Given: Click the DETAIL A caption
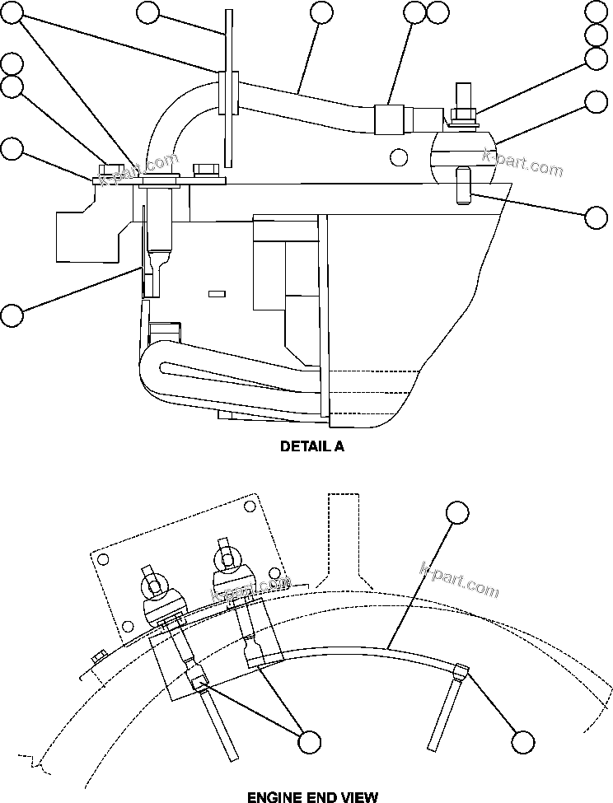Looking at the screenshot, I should click(312, 447).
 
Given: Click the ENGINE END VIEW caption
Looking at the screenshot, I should click(312, 796).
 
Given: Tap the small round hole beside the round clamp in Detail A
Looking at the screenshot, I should click(399, 156).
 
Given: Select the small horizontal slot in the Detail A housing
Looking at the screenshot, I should click(217, 292).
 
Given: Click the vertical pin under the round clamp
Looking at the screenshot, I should click(461, 184).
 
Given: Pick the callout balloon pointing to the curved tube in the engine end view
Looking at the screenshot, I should click(457, 511).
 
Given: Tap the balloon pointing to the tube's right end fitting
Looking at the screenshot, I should click(522, 741).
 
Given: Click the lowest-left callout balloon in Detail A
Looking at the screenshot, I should click(12, 315).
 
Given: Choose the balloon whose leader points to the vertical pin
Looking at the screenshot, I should click(597, 217).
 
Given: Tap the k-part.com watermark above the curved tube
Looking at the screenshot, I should click(459, 580).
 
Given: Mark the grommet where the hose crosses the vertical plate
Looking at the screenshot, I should click(229, 91).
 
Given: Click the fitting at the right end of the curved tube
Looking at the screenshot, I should click(462, 670).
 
